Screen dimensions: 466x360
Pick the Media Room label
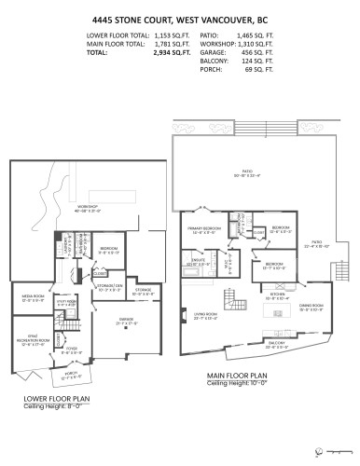point(35,299)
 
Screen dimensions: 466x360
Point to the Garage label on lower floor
point(125,320)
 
